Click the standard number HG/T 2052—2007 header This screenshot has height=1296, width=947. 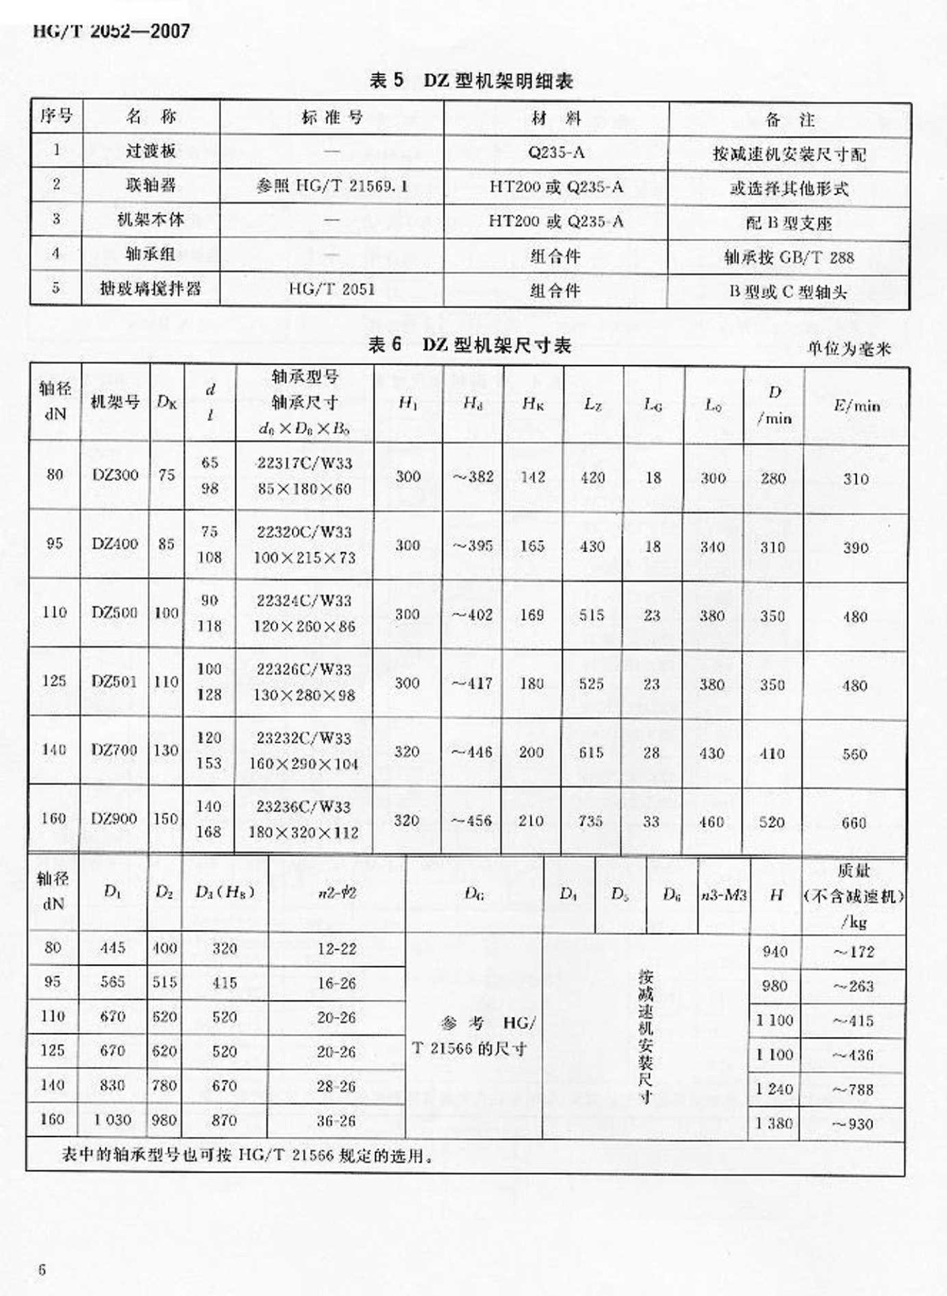tap(111, 32)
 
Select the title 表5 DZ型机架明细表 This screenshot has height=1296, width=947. tap(470, 81)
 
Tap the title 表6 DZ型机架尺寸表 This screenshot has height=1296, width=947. tap(470, 345)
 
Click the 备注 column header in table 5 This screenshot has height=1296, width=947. tap(789, 120)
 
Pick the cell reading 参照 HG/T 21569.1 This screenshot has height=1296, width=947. tap(332, 186)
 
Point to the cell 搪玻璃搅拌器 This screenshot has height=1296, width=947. tap(150, 289)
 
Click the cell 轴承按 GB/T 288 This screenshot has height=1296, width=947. tap(788, 257)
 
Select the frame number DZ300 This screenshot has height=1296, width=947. tap(114, 475)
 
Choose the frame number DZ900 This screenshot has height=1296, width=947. tap(114, 819)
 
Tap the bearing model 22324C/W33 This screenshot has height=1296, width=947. tap(304, 601)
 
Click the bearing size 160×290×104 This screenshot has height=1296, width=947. tap(305, 764)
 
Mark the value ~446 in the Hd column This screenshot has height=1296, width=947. tap(472, 752)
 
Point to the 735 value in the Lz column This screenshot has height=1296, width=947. tap(591, 821)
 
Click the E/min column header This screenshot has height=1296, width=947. tap(856, 406)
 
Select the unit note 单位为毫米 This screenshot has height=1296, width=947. tap(848, 348)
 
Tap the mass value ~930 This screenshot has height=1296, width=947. tap(853, 1124)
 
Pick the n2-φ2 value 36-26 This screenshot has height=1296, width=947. tap(336, 1121)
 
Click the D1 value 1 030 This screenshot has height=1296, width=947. tap(112, 1120)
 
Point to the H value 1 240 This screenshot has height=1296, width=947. tap(774, 1089)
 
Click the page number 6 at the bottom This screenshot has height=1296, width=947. tap(42, 1270)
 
